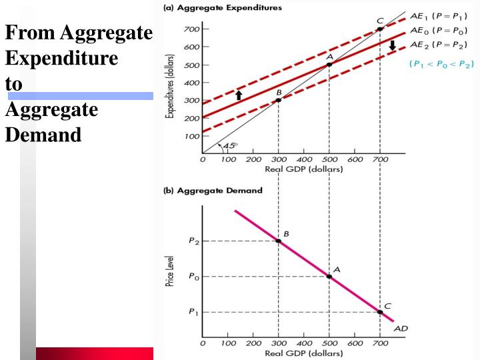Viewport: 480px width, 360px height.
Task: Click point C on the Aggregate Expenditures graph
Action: [380, 29]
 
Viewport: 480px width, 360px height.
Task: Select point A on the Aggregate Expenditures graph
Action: [329, 65]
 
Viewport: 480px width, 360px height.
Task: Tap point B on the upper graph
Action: [278, 100]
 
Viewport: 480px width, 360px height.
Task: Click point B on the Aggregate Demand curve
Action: [278, 241]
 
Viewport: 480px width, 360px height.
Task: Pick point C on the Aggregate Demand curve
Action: [380, 312]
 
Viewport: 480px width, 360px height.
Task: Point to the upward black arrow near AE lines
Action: [239, 95]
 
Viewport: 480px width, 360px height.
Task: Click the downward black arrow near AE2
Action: [393, 46]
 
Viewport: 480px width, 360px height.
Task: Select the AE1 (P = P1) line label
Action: [439, 16]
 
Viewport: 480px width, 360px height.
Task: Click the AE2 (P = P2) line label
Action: [439, 45]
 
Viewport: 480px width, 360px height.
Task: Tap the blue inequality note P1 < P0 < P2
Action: [441, 64]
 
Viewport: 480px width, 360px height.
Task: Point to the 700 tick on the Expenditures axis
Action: [191, 29]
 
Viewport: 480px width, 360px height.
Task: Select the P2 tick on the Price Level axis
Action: [194, 241]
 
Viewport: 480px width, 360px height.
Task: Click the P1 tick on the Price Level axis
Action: [194, 312]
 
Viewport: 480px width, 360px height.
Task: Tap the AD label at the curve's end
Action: [401, 329]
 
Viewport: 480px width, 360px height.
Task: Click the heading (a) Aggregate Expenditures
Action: [223, 7]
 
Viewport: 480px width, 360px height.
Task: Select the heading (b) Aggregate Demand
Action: [213, 191]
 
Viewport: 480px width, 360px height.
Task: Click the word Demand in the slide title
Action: [43, 135]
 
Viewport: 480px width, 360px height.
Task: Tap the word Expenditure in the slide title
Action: [61, 58]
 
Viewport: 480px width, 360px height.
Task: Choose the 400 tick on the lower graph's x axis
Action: [304, 343]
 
